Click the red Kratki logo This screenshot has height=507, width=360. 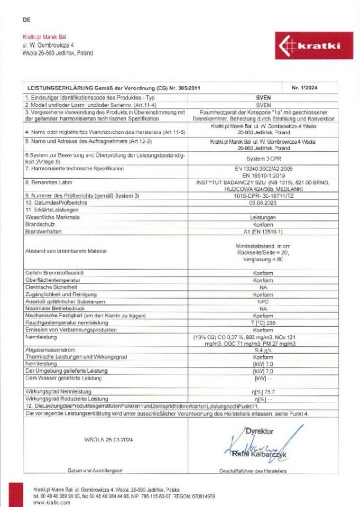click(x=313, y=45)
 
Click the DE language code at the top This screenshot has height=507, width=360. click(x=27, y=20)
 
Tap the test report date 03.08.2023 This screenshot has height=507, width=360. click(x=262, y=202)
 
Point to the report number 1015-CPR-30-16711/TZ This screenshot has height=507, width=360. click(x=262, y=196)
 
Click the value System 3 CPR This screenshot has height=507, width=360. click(x=262, y=157)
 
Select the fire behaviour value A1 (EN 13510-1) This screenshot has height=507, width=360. click(x=262, y=232)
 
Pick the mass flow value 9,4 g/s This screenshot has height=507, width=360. click(x=262, y=350)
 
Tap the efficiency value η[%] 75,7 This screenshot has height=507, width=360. click(x=262, y=391)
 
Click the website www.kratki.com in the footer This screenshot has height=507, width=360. click(x=51, y=503)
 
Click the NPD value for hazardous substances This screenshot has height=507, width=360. click(x=262, y=301)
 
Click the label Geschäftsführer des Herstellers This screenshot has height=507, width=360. click(x=253, y=471)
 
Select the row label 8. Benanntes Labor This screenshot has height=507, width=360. click(x=48, y=181)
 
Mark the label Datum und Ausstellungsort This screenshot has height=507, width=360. click(x=95, y=471)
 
